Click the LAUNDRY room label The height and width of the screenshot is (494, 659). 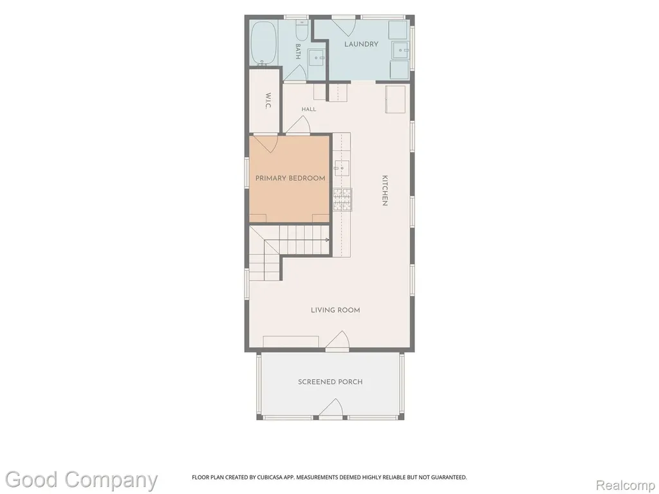click(361, 44)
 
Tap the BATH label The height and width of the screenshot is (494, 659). click(298, 51)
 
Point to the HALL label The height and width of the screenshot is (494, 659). click(308, 109)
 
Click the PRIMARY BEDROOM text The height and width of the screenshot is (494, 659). click(290, 178)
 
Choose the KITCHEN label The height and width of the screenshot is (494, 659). click(385, 190)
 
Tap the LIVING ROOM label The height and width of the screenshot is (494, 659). click(335, 310)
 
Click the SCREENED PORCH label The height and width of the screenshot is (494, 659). click(330, 382)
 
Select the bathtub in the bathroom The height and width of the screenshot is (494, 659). click(263, 43)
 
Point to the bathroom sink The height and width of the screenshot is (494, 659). click(317, 57)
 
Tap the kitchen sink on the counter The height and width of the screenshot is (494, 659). click(342, 168)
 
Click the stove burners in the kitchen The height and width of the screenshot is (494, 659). click(342, 199)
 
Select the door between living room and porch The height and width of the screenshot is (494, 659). click(337, 340)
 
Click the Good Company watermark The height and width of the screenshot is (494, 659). click(81, 480)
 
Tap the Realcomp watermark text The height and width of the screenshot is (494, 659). click(626, 485)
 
